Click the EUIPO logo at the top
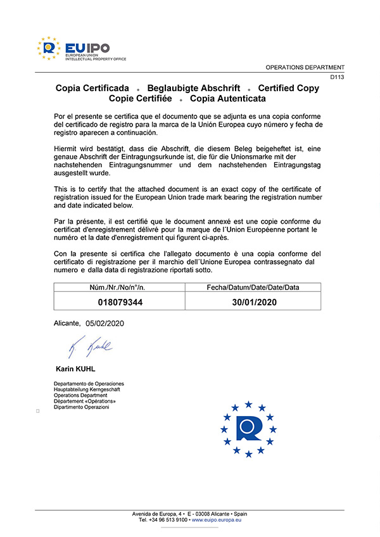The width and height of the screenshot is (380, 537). click(82, 49)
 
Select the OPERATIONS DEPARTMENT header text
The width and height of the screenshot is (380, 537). click(305, 67)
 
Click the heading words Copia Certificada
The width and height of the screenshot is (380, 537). click(92, 88)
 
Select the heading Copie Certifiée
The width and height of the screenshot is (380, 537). click(141, 99)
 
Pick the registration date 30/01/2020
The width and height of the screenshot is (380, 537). click(254, 303)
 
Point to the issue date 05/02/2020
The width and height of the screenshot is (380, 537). click(104, 323)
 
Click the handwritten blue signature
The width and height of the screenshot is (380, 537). click(89, 346)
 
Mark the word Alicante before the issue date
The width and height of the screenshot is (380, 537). click(67, 323)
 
